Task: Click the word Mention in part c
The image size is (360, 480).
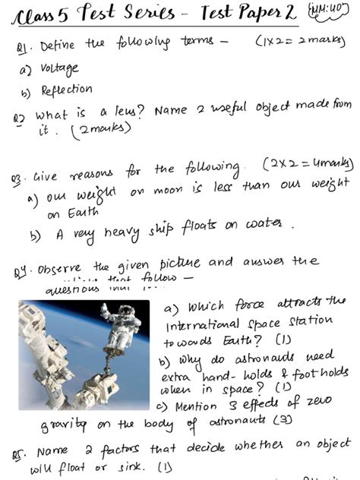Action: (197, 406)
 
